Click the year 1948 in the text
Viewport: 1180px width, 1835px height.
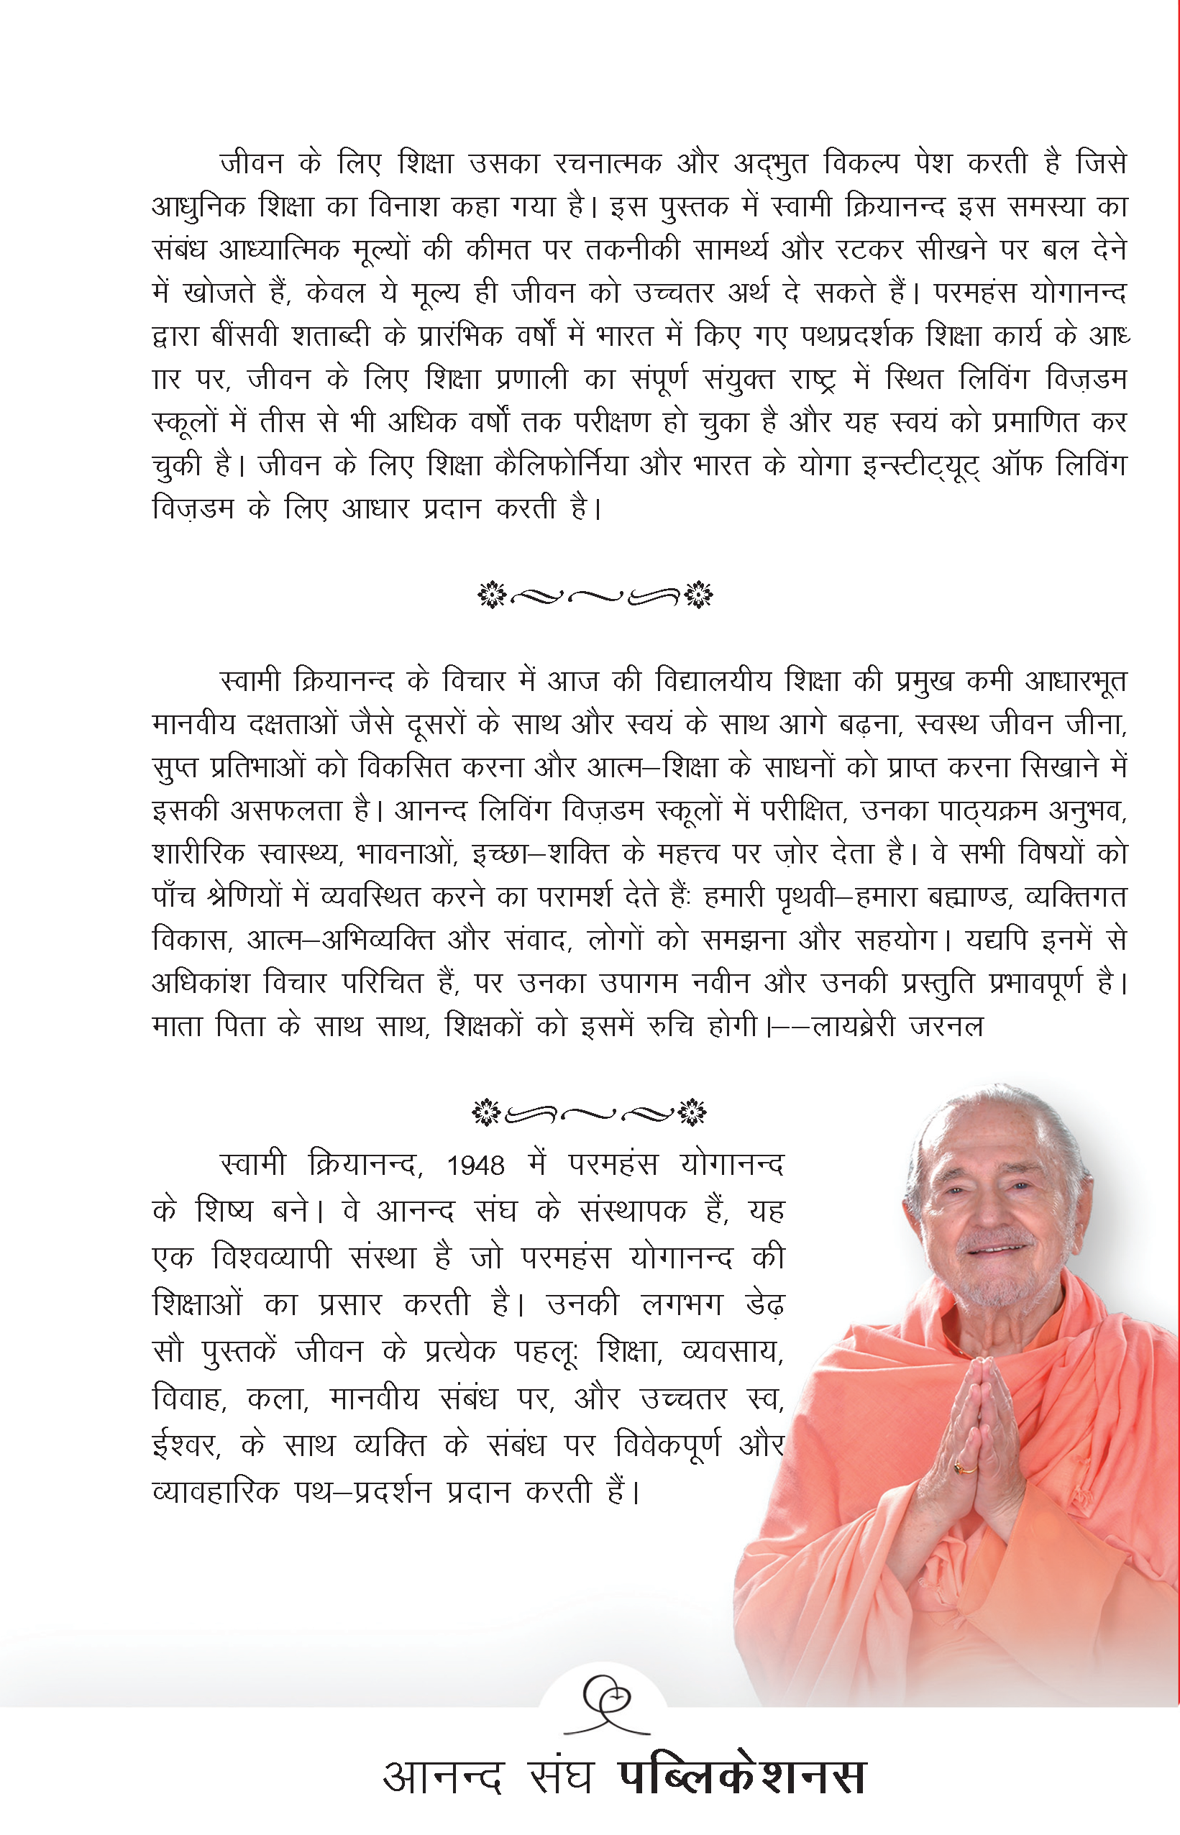[x=475, y=1166]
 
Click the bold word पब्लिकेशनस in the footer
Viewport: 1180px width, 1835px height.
[x=741, y=1777]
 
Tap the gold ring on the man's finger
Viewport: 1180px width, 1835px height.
[x=965, y=1468]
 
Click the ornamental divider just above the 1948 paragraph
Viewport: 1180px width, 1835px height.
[x=590, y=1112]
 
